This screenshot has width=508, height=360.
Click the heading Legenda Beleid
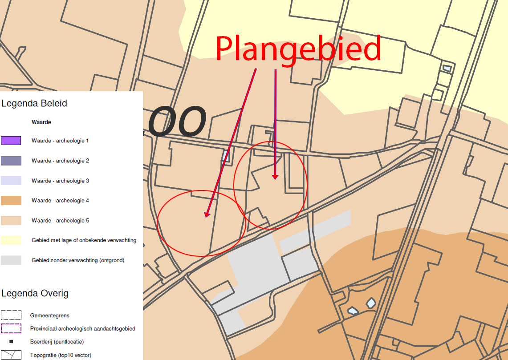pos(34,103)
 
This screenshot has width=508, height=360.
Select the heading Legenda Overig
pos(35,293)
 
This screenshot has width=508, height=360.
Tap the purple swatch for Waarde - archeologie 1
pos(11,141)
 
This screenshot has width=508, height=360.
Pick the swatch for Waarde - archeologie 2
pos(11,161)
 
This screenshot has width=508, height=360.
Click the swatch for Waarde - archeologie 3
pos(11,181)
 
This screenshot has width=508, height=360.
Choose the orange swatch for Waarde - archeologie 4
pos(11,201)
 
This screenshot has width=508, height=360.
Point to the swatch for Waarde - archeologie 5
pos(11,221)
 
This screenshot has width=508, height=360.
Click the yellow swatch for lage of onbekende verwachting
pos(11,240)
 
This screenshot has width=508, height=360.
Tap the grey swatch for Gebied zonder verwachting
pos(11,260)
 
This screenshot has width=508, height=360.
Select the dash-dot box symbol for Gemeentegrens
pos(11,315)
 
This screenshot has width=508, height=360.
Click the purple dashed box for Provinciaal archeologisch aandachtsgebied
pos(11,328)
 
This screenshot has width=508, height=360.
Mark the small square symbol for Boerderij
pos(11,342)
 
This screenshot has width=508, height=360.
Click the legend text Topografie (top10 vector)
pos(61,355)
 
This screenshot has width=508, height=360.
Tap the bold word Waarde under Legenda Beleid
pos(41,122)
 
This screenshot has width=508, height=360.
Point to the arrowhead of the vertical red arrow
pos(275,177)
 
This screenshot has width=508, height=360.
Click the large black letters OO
pos(177,121)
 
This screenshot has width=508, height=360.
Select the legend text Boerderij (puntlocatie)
pos(57,342)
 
